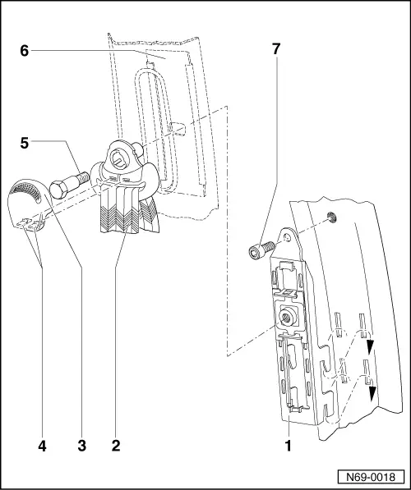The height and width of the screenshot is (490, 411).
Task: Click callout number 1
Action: coord(289,446)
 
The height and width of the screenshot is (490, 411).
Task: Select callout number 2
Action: coord(116,446)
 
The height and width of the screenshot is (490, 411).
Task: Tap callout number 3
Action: coord(81,446)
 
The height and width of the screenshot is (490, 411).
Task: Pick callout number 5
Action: coord(25,141)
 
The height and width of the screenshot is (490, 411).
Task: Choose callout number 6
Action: coord(25,50)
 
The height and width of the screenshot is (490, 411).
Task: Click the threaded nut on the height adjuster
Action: coord(289,314)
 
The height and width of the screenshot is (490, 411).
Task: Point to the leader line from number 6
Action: coord(90,51)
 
